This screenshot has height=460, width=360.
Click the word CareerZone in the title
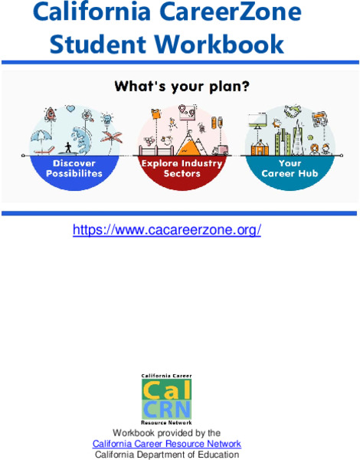coord(238,13)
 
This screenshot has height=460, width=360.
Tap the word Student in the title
coord(101,44)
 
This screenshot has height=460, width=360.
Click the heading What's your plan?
coord(181,87)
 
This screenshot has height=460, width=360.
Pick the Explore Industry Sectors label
coord(182,169)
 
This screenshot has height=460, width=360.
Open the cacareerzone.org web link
coord(167,229)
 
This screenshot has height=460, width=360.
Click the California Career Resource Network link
coord(167,444)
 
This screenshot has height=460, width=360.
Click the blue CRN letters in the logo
coord(167,408)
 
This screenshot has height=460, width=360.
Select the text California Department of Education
coord(167,455)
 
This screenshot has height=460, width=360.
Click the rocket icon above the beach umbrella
coord(51,114)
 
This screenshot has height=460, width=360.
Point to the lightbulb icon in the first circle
coord(107,119)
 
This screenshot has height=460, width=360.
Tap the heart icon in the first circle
coord(87,115)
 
